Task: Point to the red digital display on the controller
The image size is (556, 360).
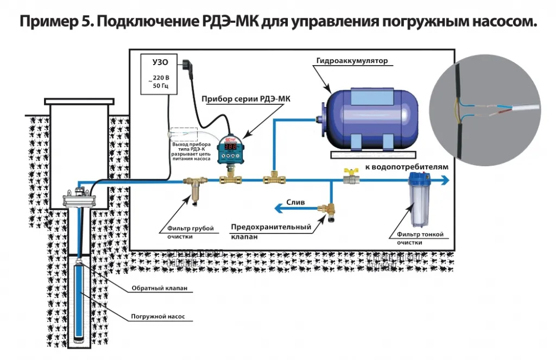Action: [230, 147]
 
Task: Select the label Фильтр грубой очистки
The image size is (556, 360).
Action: [187, 232]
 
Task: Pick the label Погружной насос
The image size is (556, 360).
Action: [154, 315]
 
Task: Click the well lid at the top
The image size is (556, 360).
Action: [79, 101]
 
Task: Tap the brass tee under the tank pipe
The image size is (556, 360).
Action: [271, 178]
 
